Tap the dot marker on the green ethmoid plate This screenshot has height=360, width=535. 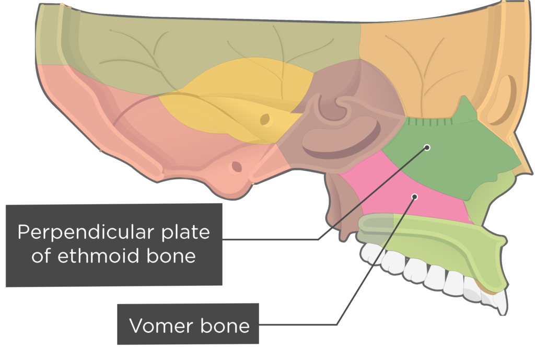click(427, 147)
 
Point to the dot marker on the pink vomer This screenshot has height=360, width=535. click(415, 197)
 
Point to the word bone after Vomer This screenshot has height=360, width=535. click(227, 327)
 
